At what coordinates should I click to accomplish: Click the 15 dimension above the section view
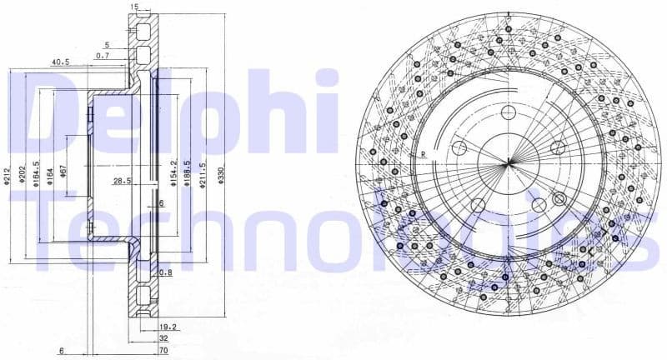[x=134, y=7]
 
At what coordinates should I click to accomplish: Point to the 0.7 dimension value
[x=103, y=55]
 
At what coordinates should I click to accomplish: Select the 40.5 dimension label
[x=59, y=62]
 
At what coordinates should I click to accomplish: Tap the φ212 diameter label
[x=6, y=176]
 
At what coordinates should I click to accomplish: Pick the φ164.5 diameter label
[x=37, y=174]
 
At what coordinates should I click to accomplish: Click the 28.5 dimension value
[x=123, y=180]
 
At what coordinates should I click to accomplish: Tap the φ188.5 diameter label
[x=188, y=173]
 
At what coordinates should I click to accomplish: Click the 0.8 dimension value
[x=166, y=272]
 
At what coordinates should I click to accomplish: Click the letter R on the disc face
[x=424, y=155]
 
